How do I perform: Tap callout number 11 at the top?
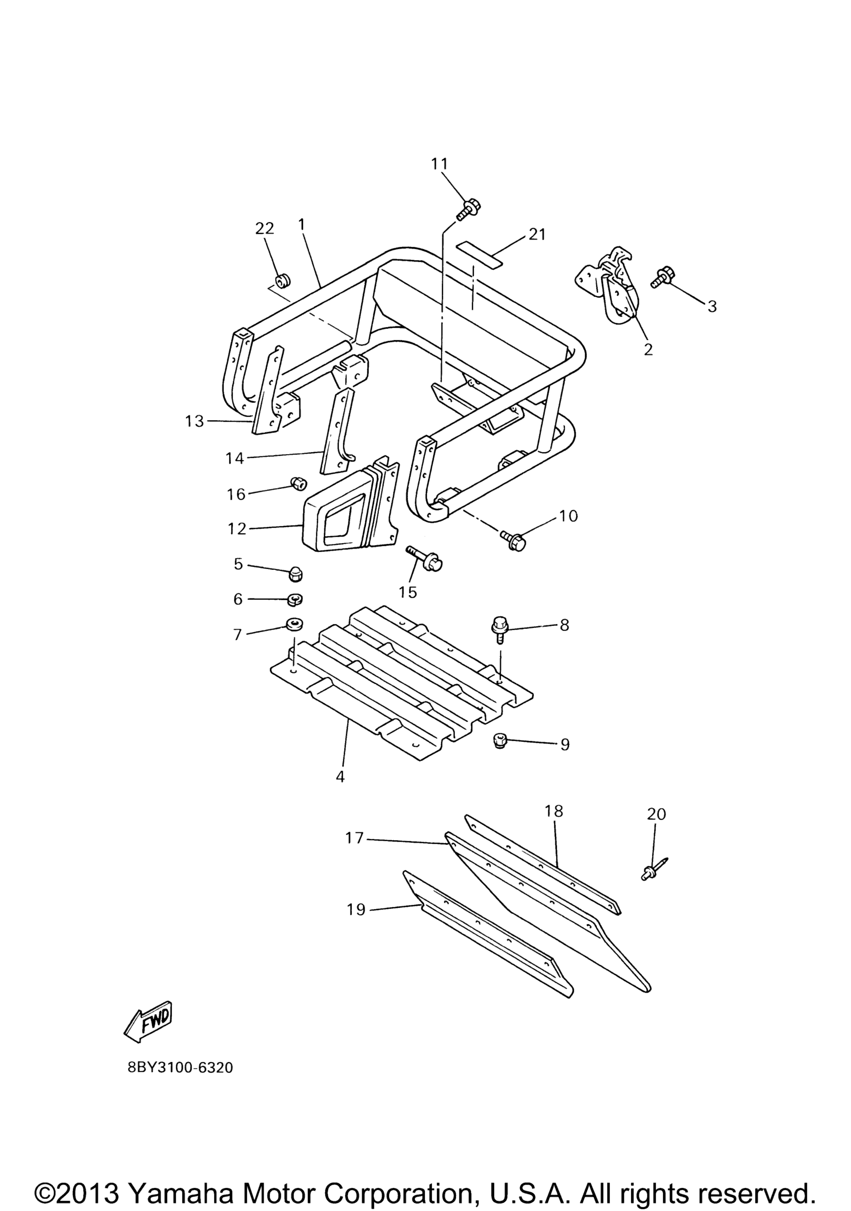click(x=439, y=164)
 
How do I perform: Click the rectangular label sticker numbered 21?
click(x=480, y=252)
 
